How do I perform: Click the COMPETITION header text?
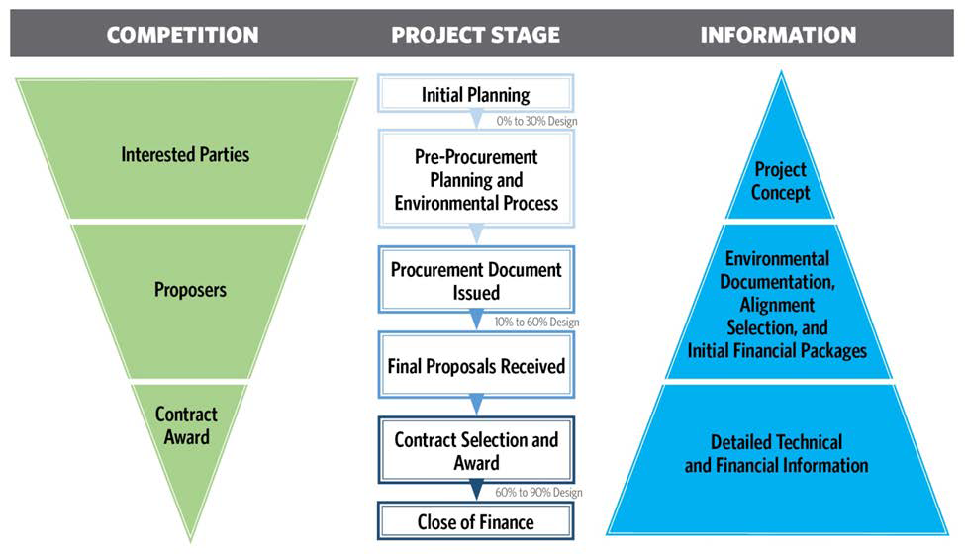[183, 35]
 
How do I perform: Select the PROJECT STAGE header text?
[476, 35]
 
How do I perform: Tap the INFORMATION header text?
[778, 35]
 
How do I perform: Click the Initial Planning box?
[476, 93]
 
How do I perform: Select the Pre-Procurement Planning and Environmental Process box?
[476, 179]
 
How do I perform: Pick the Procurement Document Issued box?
[476, 280]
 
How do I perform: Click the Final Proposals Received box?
[476, 365]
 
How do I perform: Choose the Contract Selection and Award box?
[476, 450]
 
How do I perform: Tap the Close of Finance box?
[476, 521]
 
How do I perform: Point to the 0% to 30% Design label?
[536, 121]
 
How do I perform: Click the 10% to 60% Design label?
[536, 323]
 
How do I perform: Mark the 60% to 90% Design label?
[538, 493]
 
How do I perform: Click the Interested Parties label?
[185, 155]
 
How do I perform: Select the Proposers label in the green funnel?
[190, 290]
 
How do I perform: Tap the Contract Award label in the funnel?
[186, 425]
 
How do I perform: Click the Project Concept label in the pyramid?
[780, 181]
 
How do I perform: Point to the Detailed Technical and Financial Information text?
[777, 454]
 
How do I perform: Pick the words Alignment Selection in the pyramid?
[777, 316]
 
